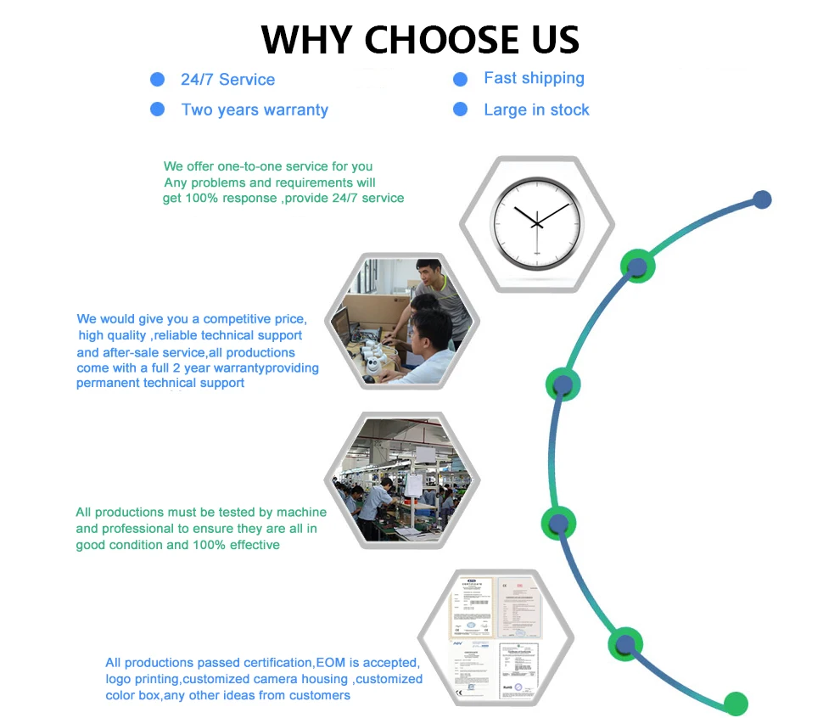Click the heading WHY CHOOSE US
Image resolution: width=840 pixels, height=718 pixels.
point(420,39)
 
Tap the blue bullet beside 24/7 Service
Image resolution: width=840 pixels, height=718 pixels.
point(157,80)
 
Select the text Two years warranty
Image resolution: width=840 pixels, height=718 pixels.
point(255,110)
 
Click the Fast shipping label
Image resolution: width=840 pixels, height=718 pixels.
point(534,79)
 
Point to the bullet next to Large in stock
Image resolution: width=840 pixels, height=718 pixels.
point(461,109)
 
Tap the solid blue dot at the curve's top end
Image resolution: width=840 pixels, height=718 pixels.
point(762,200)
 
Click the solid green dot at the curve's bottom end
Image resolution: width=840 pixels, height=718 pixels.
point(736,703)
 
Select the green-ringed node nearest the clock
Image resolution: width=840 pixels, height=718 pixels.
point(637,266)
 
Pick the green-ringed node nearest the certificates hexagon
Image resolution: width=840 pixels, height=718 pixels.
point(625,644)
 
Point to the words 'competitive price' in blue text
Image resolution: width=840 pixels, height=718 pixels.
point(254,319)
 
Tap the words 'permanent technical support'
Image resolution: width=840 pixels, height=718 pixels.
point(160,383)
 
